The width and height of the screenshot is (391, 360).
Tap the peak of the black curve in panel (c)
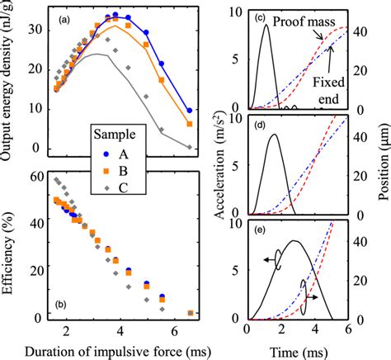[265, 26]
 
